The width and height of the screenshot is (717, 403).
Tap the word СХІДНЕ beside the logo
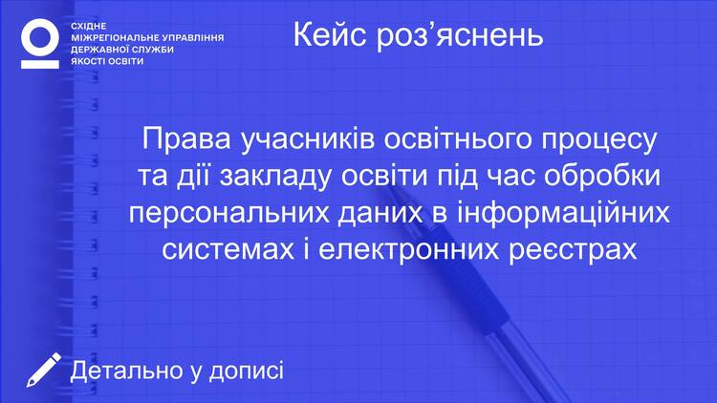(x=88, y=26)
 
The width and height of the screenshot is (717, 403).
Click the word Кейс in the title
(x=329, y=34)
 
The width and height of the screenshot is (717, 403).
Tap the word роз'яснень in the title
(x=460, y=35)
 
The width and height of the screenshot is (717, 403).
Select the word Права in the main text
(x=186, y=138)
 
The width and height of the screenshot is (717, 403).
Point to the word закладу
(x=275, y=178)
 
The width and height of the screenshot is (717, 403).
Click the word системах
(x=228, y=250)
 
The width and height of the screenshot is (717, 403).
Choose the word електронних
(x=408, y=250)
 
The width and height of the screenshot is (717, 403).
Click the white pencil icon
(x=43, y=370)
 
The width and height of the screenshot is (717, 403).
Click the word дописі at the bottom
(x=247, y=371)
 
